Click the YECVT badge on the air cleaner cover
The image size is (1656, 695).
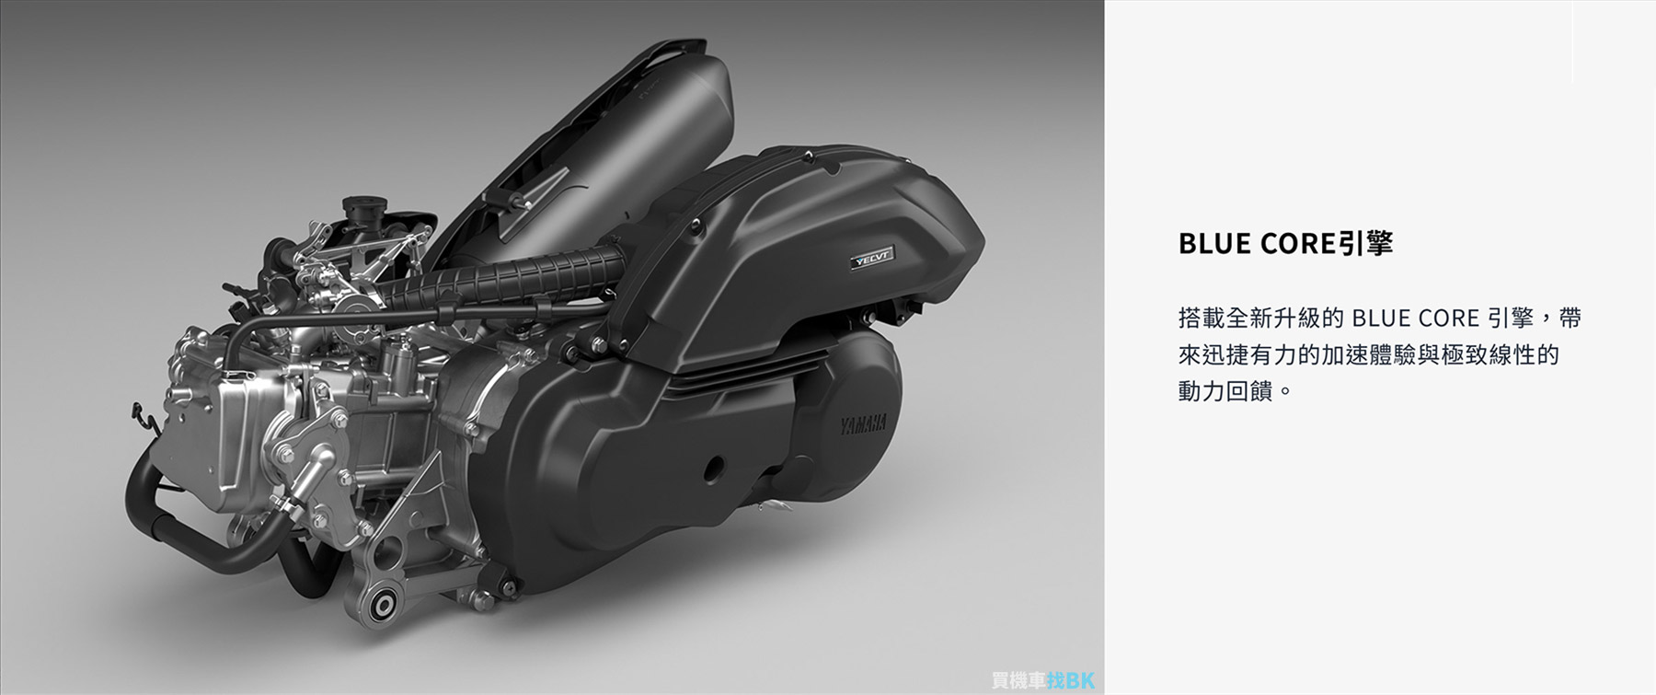tap(873, 257)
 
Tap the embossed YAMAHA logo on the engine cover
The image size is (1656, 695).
tap(862, 425)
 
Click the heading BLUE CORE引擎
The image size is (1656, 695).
tap(1285, 243)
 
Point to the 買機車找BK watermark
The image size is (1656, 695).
tap(1043, 681)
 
